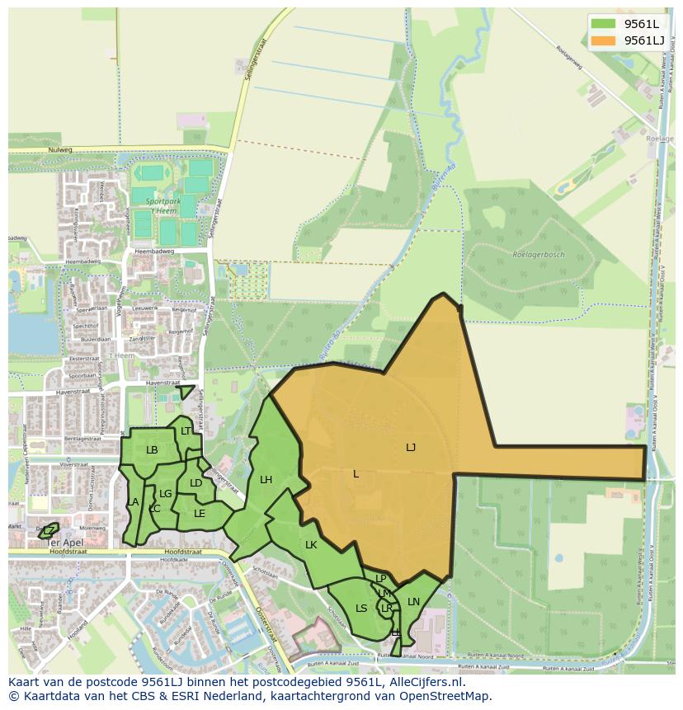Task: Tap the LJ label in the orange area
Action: click(x=411, y=448)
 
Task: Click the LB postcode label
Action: click(x=152, y=450)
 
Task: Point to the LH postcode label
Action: click(x=266, y=480)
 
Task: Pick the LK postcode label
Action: click(x=311, y=545)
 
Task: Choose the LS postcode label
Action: click(x=361, y=609)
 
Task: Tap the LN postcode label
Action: click(x=413, y=602)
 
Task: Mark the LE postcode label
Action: click(x=199, y=514)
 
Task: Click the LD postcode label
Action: click(x=195, y=483)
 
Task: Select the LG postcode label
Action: click(x=165, y=494)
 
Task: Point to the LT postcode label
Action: click(x=186, y=431)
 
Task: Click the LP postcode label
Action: click(x=381, y=579)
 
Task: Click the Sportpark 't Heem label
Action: click(x=161, y=205)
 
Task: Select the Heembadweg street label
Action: click(x=154, y=252)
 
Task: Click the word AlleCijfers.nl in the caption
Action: click(x=420, y=683)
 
